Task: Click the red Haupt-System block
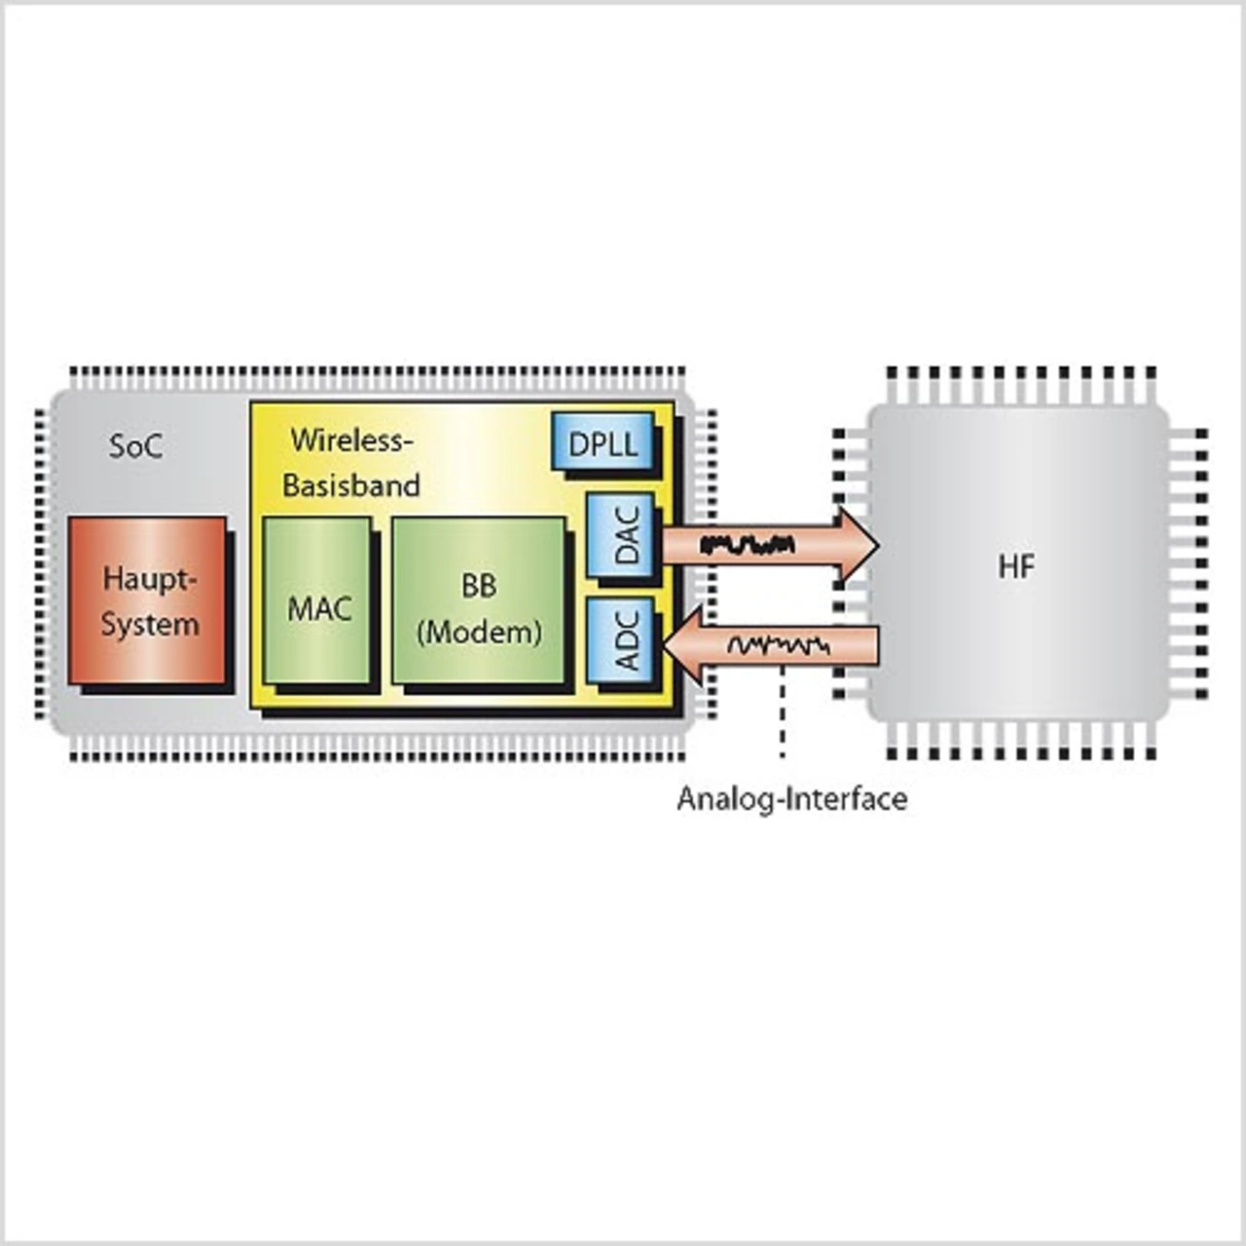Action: coord(148,601)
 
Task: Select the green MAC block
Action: coord(318,601)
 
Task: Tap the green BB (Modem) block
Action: coord(478,601)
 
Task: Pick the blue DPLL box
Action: coord(603,444)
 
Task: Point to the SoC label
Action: coord(135,447)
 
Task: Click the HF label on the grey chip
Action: coord(1016,567)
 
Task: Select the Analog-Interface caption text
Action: coord(791,799)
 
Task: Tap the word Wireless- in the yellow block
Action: coord(352,440)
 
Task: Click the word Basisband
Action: coord(351,485)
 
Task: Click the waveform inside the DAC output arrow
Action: coord(748,544)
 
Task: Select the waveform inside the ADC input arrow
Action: coord(779,644)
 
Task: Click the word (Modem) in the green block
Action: coord(479,633)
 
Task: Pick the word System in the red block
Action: coord(150,624)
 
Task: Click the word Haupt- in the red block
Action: coord(150,579)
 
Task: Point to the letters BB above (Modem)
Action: coord(479,586)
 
